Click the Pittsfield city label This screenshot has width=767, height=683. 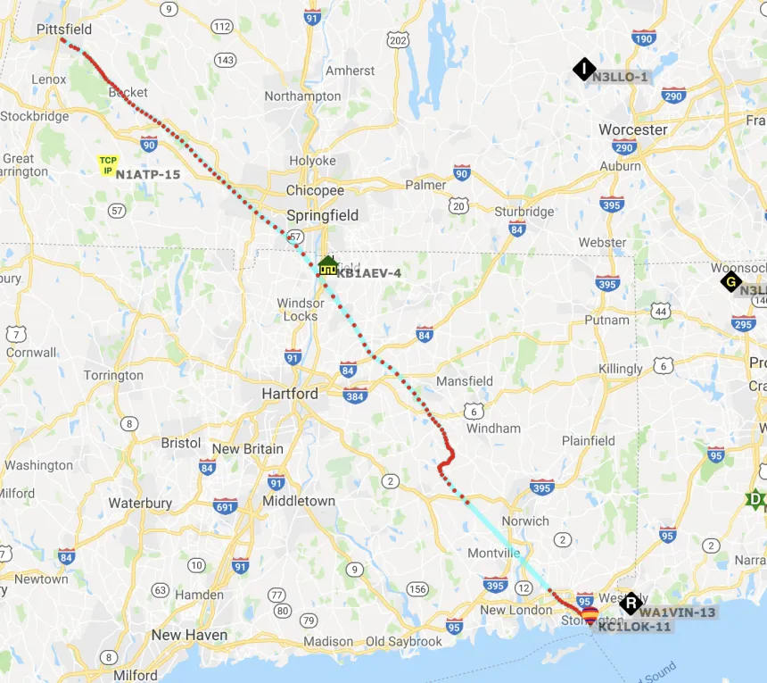click(x=64, y=29)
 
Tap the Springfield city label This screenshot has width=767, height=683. click(x=322, y=215)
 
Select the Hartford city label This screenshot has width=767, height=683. click(x=290, y=394)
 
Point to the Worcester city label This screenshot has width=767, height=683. click(x=632, y=129)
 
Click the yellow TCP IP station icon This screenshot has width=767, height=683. click(x=108, y=165)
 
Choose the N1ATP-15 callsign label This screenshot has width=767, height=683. click(x=148, y=174)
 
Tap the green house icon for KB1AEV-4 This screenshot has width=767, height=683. click(x=327, y=265)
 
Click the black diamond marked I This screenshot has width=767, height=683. click(x=583, y=69)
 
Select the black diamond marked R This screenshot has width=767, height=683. click(x=631, y=604)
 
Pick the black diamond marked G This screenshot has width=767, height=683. click(x=731, y=281)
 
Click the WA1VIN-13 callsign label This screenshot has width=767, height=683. click(x=678, y=612)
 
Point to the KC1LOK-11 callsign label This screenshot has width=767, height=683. click(x=635, y=627)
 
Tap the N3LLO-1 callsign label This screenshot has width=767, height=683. click(x=621, y=77)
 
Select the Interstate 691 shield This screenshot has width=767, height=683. click(x=226, y=506)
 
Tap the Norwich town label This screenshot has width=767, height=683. click(x=525, y=521)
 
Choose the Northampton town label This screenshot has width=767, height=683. click(x=302, y=96)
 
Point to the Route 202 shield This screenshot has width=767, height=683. click(x=398, y=40)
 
